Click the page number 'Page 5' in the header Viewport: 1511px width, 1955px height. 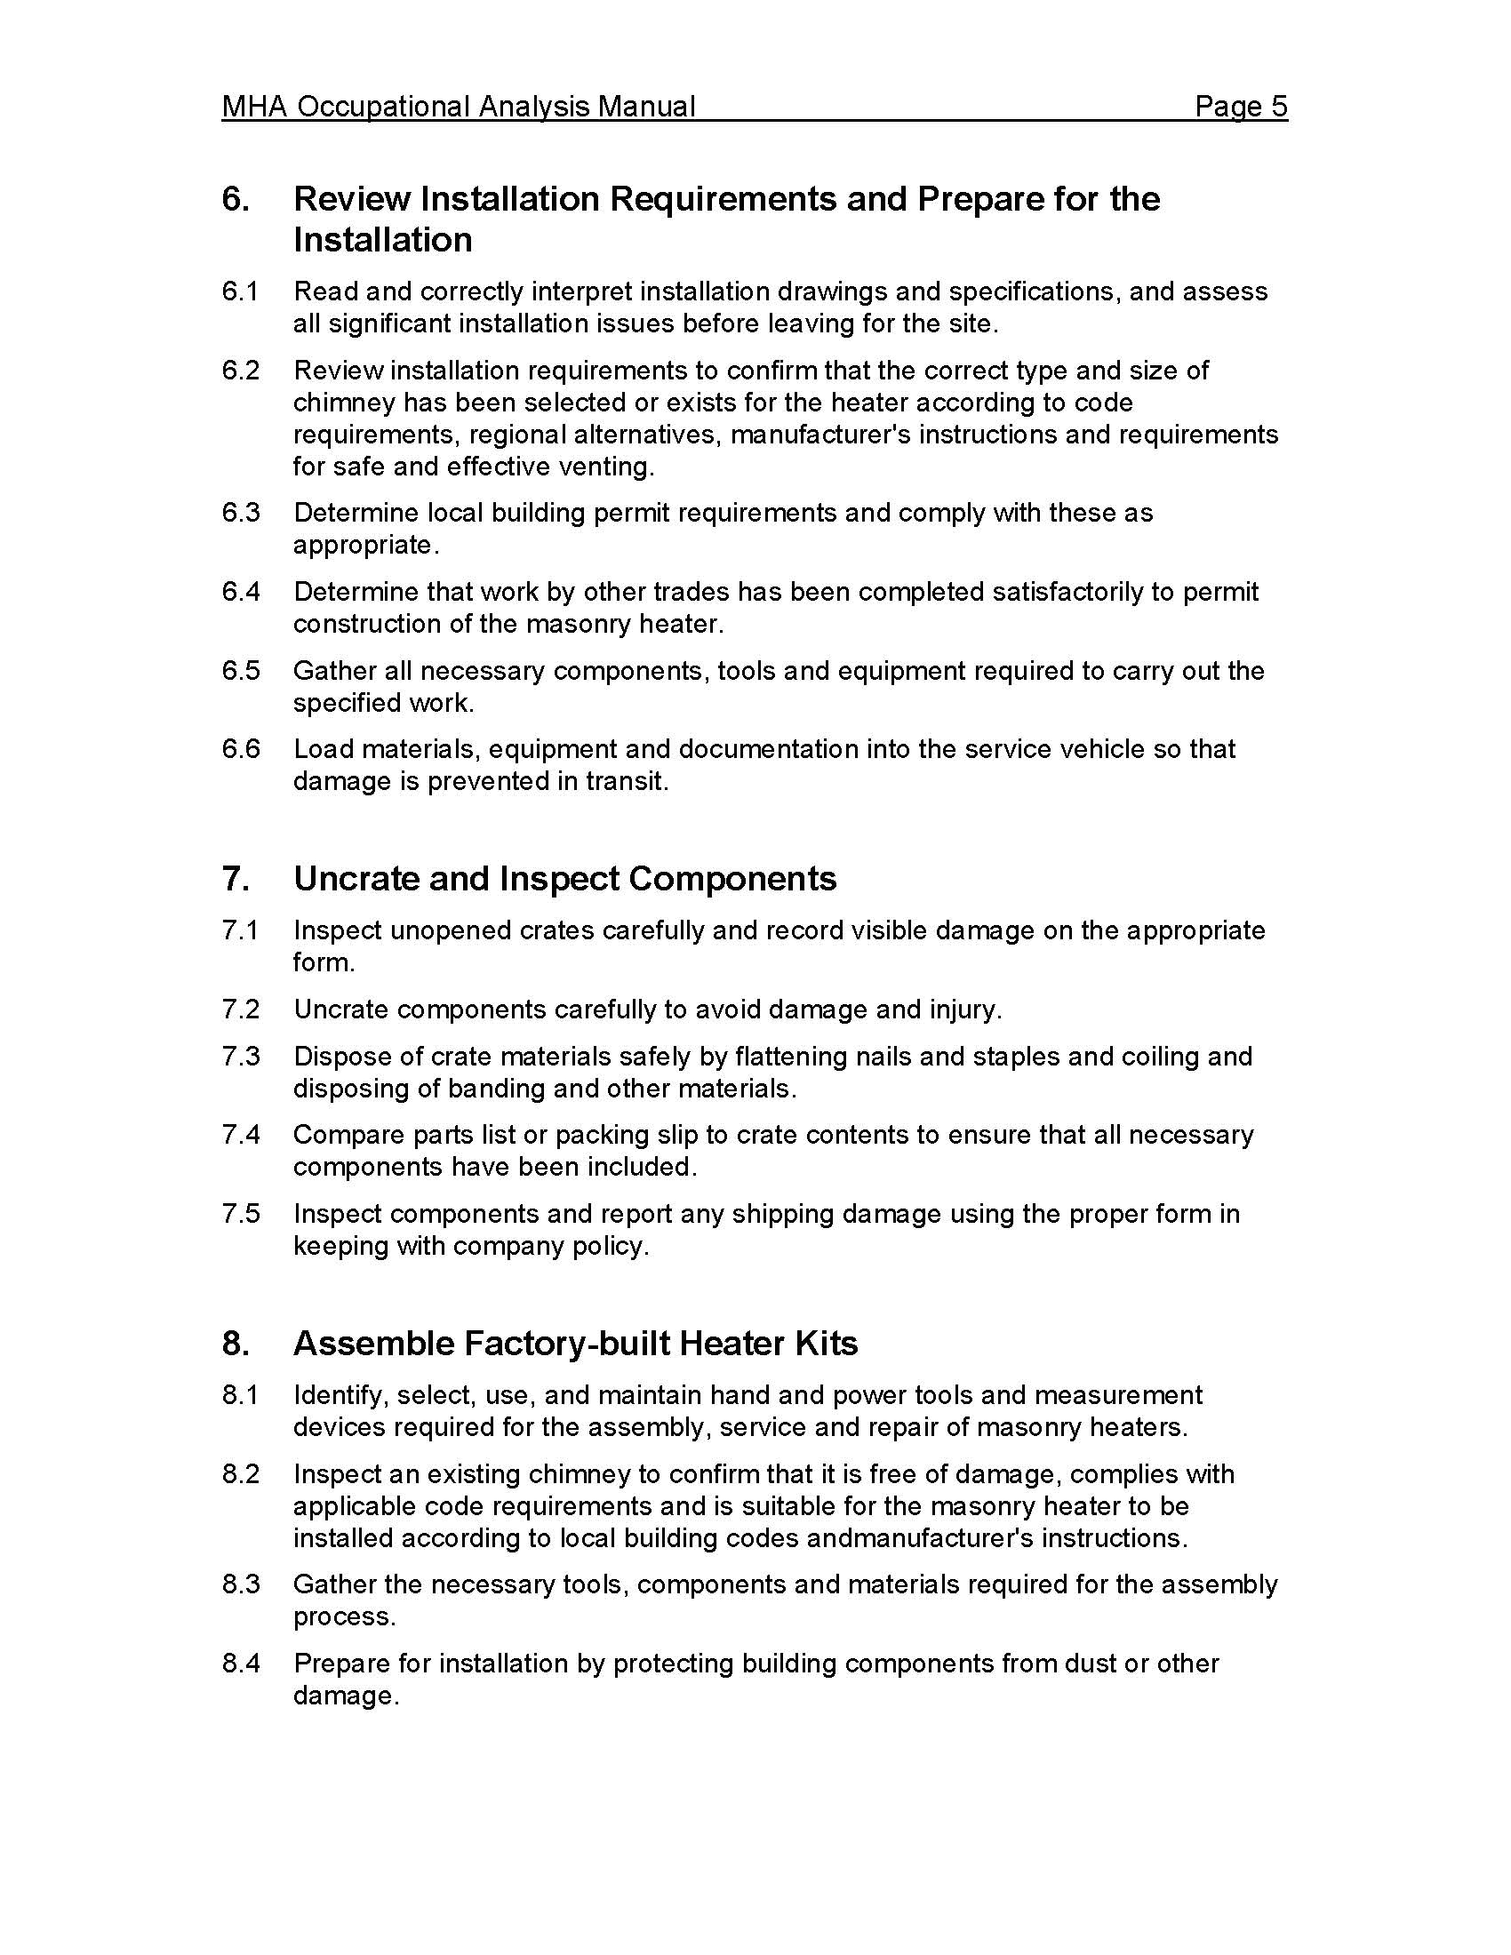pos(1241,108)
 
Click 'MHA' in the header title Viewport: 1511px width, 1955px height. pos(254,108)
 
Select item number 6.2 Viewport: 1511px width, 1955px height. pos(241,371)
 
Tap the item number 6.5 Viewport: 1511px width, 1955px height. pos(241,670)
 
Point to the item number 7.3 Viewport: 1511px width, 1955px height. pos(241,1057)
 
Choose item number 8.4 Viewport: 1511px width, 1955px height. pos(241,1664)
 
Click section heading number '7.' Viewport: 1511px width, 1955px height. pos(236,879)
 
